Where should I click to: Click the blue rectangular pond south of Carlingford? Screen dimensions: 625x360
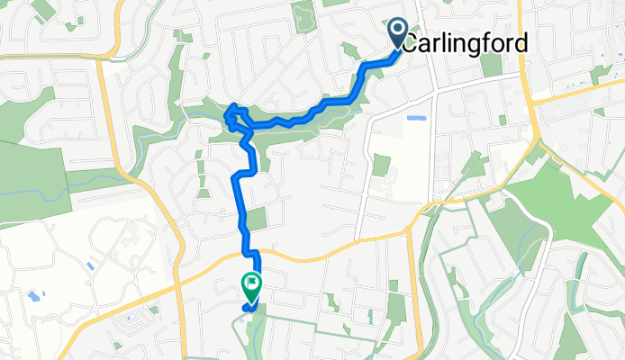pos(416,118)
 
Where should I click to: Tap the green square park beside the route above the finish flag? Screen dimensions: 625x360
pos(258,219)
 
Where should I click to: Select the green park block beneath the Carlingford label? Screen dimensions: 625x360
pos(491,65)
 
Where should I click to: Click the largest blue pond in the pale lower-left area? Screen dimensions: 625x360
pos(33,295)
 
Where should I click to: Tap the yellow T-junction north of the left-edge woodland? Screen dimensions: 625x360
pos(104,59)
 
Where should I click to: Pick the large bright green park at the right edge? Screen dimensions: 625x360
pos(576,207)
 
